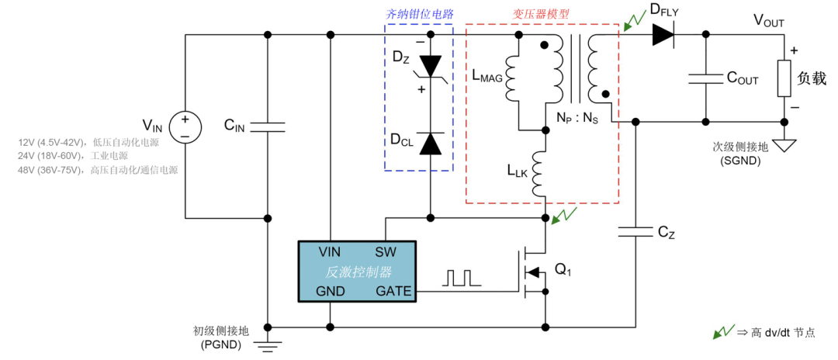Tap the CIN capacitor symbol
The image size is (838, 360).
268,126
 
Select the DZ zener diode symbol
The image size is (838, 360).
430,67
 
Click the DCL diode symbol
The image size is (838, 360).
430,144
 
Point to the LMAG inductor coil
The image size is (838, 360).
515,78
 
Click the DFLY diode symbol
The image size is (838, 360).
664,34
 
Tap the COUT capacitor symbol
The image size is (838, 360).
705,78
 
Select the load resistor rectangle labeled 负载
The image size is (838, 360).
784,78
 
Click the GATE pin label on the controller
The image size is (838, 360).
393,292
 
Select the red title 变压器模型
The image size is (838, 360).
541,13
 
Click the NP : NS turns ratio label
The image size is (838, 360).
577,119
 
